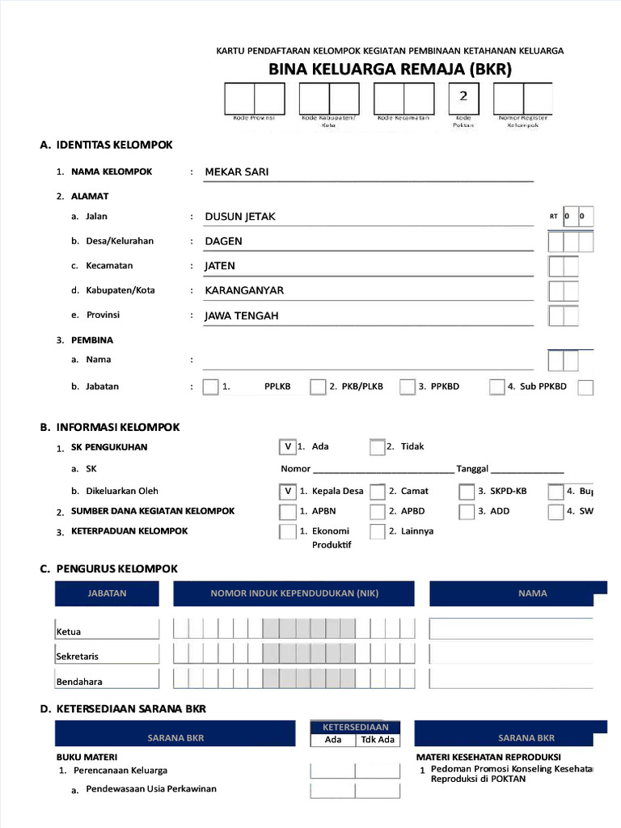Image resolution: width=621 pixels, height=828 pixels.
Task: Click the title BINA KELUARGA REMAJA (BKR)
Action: click(391, 70)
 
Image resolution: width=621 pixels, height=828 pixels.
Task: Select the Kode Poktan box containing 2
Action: click(463, 98)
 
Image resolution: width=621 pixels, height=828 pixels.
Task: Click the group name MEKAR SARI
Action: click(237, 171)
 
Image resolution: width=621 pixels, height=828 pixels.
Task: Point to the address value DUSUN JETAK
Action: click(240, 217)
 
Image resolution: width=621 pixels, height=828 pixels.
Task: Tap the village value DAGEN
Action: click(223, 241)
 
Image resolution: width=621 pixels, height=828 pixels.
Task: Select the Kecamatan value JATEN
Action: click(220, 266)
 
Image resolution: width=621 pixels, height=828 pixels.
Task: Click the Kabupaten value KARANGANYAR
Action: click(244, 290)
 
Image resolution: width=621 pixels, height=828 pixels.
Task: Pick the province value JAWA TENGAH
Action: click(241, 315)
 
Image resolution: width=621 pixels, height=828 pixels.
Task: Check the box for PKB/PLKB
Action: click(318, 387)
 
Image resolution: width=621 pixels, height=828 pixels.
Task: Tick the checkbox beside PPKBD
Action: click(408, 387)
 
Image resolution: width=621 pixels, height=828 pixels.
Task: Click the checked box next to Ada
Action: click(288, 446)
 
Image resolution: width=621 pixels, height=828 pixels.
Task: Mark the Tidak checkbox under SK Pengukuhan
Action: click(377, 446)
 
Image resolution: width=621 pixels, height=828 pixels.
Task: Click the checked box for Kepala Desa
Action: click(288, 491)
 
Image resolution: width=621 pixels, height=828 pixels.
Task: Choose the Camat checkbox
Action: click(378, 492)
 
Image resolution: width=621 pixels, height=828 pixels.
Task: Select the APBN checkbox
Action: click(288, 512)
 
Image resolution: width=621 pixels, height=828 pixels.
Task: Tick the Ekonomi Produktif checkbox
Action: click(288, 532)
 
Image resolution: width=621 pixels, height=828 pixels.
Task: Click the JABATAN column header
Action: click(107, 594)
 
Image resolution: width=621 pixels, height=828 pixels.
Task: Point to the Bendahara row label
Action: click(79, 682)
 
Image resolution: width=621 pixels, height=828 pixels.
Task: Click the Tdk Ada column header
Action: click(378, 740)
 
